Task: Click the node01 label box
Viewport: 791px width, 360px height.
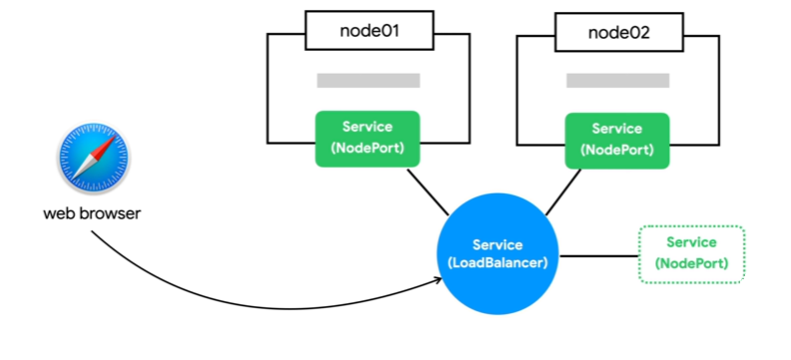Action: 369,30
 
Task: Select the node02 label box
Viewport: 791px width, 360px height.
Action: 619,32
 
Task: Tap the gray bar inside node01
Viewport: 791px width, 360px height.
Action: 368,81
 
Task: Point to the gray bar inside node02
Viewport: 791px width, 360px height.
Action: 618,81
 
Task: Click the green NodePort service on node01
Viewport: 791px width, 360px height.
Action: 368,139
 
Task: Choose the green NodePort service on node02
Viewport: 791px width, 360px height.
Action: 617,141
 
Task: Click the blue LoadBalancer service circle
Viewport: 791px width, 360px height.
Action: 498,254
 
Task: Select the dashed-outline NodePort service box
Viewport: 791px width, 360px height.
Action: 691,254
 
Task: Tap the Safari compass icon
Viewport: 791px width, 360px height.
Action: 94,158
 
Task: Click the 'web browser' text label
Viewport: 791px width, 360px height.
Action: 92,213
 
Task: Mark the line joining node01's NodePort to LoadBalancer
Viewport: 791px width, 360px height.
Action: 428,192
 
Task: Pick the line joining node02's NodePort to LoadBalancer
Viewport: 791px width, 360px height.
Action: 564,192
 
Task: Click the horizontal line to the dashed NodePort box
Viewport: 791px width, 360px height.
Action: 599,256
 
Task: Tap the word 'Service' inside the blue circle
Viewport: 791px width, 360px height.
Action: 498,245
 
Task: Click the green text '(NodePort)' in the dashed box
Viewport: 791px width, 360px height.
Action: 691,263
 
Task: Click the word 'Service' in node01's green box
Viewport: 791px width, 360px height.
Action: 367,127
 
